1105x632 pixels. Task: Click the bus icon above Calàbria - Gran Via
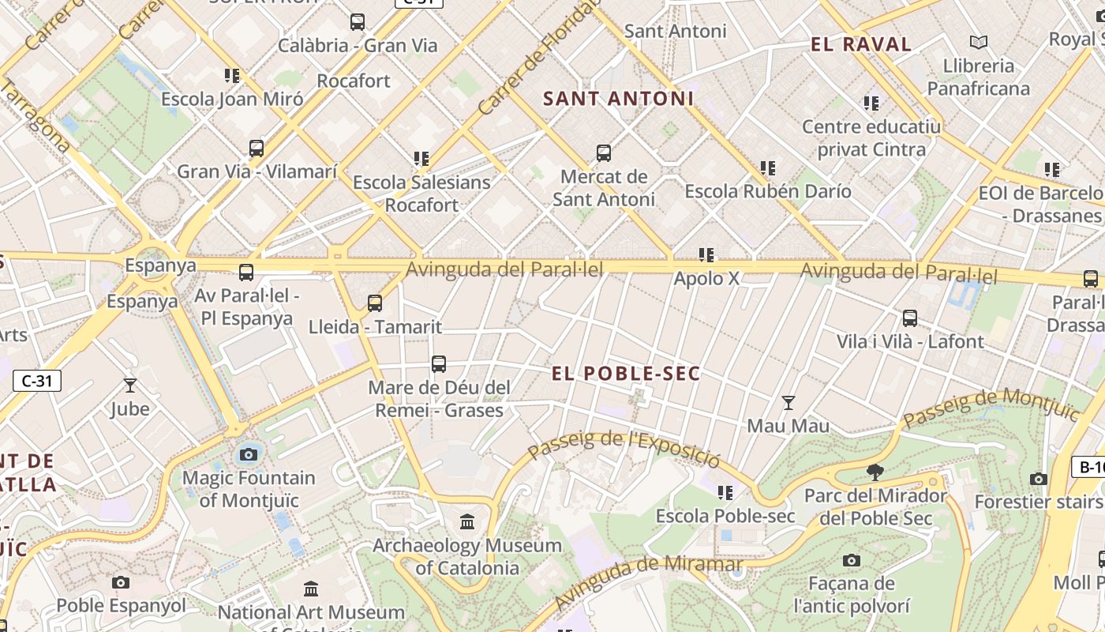(358, 22)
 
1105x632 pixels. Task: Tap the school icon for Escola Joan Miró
(231, 76)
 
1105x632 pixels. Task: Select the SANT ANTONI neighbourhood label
(619, 99)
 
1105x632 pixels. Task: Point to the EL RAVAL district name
(861, 44)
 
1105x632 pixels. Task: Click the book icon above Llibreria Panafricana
(979, 42)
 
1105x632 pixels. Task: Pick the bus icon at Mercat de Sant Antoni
(604, 153)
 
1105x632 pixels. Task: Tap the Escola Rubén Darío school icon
(767, 168)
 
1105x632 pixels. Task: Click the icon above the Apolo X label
(706, 255)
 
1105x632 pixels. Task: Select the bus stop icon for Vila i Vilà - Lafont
(910, 318)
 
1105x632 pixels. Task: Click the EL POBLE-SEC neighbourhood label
(626, 374)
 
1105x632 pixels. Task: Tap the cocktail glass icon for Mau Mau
(788, 403)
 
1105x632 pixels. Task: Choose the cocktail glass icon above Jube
(130, 386)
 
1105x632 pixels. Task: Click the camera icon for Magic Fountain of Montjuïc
(249, 454)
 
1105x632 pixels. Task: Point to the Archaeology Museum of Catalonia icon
(467, 522)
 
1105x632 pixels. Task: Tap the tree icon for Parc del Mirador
(875, 472)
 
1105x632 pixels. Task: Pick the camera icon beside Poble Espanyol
(121, 582)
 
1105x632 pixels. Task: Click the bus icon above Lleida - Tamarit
(375, 303)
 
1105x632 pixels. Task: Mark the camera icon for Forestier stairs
(1039, 479)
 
